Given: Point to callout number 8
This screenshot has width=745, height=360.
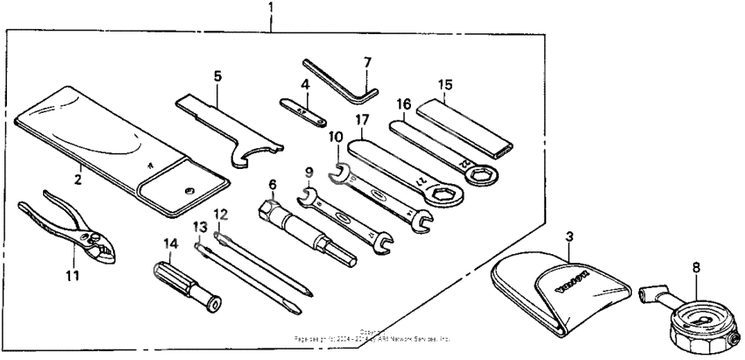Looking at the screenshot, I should pos(696,259).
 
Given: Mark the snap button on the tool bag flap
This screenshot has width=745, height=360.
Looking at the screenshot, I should pos(187,191).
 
